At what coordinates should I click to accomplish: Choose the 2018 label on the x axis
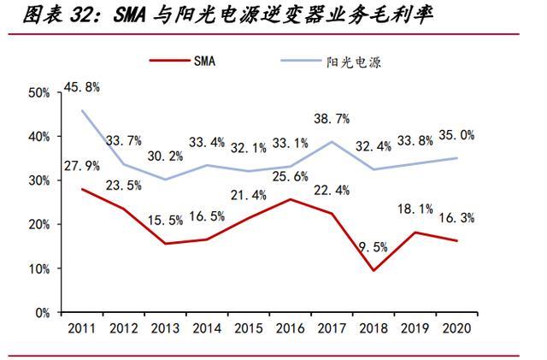click(x=374, y=328)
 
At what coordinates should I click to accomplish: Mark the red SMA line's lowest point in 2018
click(x=374, y=271)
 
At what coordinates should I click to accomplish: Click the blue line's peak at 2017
click(x=332, y=142)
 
